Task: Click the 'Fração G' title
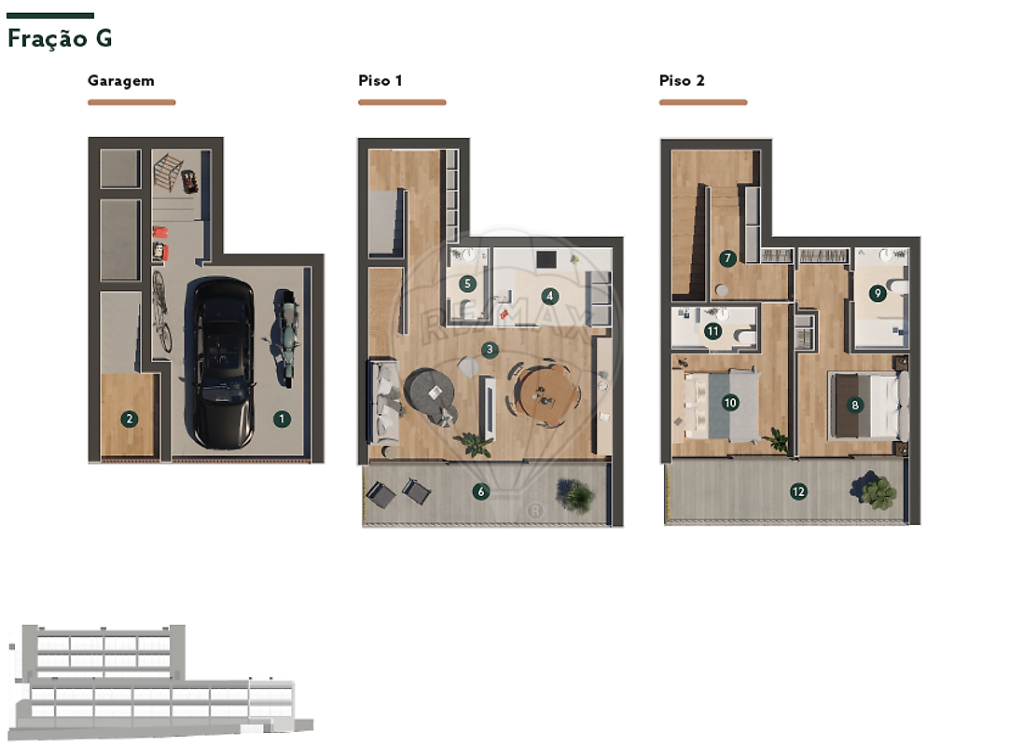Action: pyautogui.click(x=60, y=38)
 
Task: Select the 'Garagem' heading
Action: pyautogui.click(x=121, y=81)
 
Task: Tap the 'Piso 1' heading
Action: pyautogui.click(x=380, y=80)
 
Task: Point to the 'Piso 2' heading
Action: pyautogui.click(x=682, y=80)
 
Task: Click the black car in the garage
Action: pyautogui.click(x=220, y=363)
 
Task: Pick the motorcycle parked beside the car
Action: pyautogui.click(x=285, y=338)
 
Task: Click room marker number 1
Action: pyautogui.click(x=282, y=419)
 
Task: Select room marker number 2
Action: pyautogui.click(x=130, y=419)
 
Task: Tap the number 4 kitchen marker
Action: pyautogui.click(x=549, y=297)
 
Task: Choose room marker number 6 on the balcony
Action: pyautogui.click(x=480, y=491)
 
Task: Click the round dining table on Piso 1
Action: pyautogui.click(x=547, y=395)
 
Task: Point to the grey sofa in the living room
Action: pyautogui.click(x=384, y=401)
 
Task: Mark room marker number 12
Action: pyautogui.click(x=798, y=491)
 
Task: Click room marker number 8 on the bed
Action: pyautogui.click(x=855, y=405)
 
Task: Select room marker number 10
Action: pyautogui.click(x=730, y=403)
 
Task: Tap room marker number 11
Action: pyautogui.click(x=713, y=331)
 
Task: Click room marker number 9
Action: pyautogui.click(x=877, y=294)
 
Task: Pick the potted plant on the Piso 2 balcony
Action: pyautogui.click(x=875, y=490)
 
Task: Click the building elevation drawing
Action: pyautogui.click(x=160, y=682)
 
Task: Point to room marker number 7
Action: pyautogui.click(x=727, y=258)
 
